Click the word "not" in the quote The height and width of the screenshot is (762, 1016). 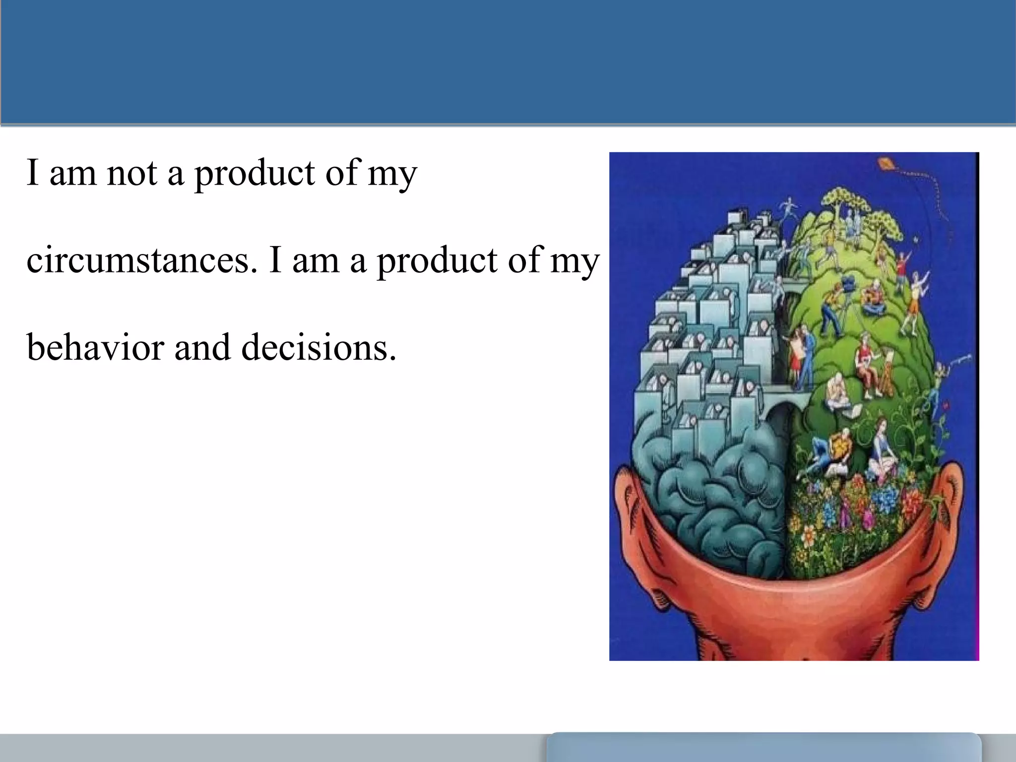point(132,173)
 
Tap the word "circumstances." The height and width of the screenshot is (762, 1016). point(142,260)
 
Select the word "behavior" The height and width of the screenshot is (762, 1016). point(95,347)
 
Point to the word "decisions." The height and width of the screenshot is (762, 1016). point(319,347)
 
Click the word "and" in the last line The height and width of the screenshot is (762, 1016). point(202,347)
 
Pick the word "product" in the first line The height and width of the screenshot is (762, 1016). point(254,173)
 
